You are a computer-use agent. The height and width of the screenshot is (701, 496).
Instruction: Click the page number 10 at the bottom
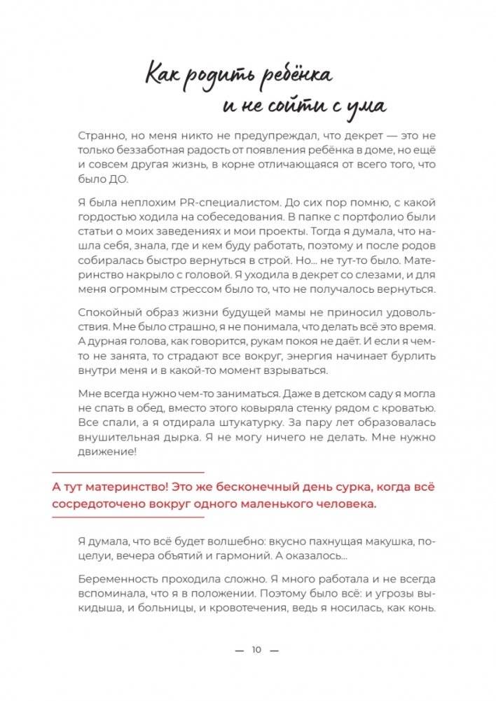pyautogui.click(x=256, y=650)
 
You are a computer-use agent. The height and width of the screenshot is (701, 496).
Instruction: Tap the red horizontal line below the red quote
pyautogui.click(x=129, y=517)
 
